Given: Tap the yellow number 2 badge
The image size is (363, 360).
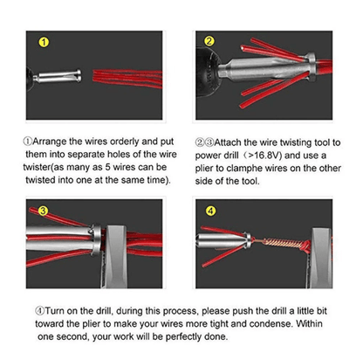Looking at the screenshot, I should pyautogui.click(x=209, y=41).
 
